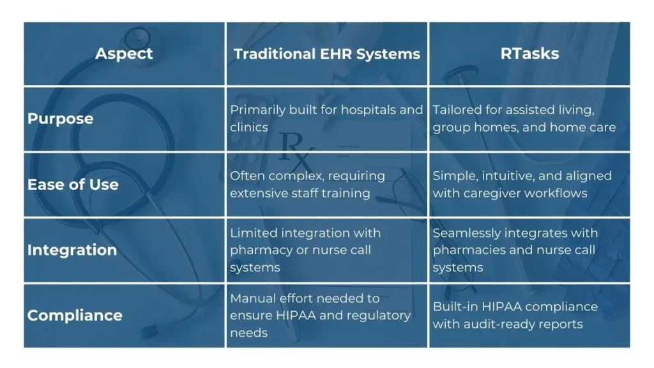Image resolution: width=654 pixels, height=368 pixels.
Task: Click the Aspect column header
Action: [124, 54]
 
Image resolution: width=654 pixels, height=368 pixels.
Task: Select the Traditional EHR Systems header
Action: [326, 54]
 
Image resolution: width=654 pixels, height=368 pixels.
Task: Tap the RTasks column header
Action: [529, 54]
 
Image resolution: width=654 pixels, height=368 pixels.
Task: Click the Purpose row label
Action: [61, 119]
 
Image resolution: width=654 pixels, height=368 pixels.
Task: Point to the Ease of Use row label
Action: [73, 185]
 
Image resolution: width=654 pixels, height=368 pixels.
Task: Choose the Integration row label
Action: [72, 250]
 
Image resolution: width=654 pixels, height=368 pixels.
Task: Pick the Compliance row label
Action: [75, 316]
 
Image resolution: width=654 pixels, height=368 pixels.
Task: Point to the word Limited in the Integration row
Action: [254, 233]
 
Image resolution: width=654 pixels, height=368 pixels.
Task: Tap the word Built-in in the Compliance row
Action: [455, 307]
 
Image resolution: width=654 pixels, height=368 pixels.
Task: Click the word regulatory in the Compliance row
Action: [384, 316]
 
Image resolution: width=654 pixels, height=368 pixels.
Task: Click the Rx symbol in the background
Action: [295, 149]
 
